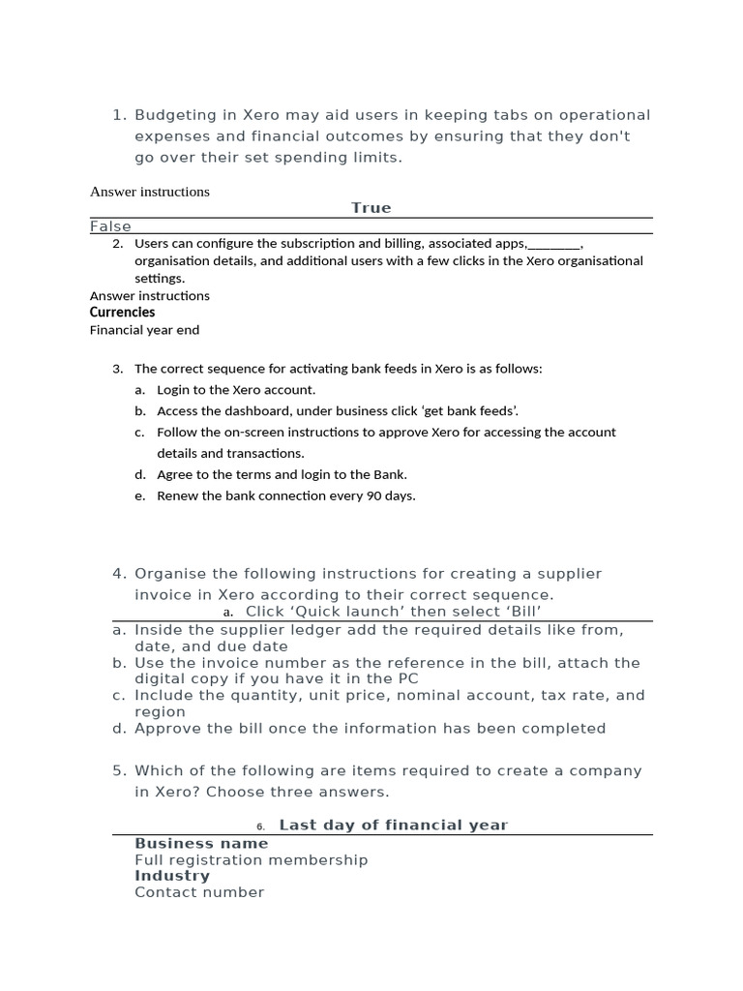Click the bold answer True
(x=371, y=208)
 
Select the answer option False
(x=110, y=226)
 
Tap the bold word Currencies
(x=122, y=313)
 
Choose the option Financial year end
(x=144, y=330)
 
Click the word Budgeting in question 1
(x=172, y=115)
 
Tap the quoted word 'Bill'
(x=519, y=612)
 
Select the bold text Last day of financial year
(x=393, y=826)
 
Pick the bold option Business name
(x=201, y=844)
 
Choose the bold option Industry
(x=172, y=876)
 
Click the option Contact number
(x=199, y=892)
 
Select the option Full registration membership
(x=252, y=860)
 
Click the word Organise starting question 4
(x=170, y=574)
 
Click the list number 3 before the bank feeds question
(x=117, y=369)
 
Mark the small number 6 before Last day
(x=260, y=826)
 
